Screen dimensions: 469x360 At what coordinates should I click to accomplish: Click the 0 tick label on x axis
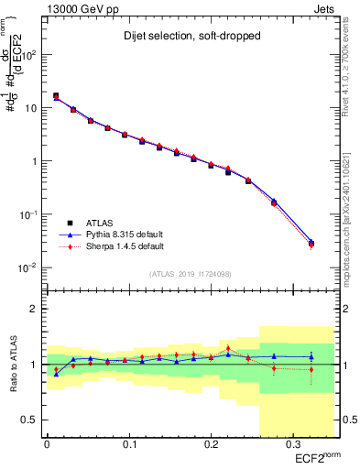[47, 444]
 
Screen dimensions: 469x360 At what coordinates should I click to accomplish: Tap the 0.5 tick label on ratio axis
[32, 420]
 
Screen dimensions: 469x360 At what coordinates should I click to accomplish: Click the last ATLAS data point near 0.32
[311, 244]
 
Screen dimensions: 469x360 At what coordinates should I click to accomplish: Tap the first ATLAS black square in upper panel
[56, 95]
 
